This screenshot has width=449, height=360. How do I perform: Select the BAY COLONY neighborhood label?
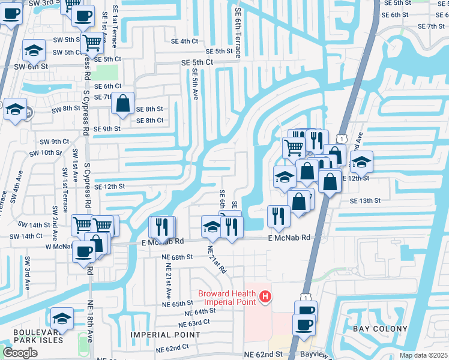pyautogui.click(x=379, y=329)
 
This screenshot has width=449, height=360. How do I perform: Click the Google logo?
pyautogui.click(x=20, y=353)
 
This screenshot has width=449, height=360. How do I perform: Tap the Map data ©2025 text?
pyautogui.click(x=423, y=355)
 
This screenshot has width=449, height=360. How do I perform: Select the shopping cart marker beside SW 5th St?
pyautogui.click(x=92, y=43)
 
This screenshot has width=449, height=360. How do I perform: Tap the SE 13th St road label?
pyautogui.click(x=366, y=200)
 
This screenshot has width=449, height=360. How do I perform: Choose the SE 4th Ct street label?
pyautogui.click(x=184, y=41)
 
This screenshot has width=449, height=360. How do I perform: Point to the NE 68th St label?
pyautogui.click(x=176, y=256)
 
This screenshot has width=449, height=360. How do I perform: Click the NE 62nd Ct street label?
pyautogui.click(x=172, y=348)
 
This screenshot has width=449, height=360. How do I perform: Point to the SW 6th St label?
pyautogui.click(x=31, y=66)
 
